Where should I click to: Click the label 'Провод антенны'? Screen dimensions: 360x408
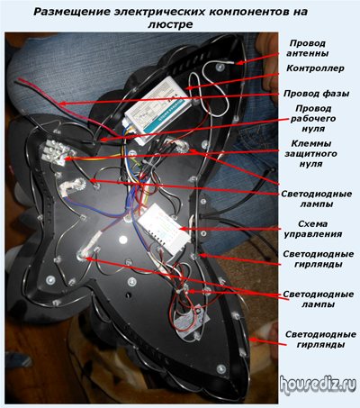click(x=307, y=49)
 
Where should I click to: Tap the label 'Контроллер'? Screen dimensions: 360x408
click(x=315, y=68)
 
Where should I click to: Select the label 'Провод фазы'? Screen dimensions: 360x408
click(x=316, y=94)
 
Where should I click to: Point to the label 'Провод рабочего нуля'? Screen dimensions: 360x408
click(x=313, y=118)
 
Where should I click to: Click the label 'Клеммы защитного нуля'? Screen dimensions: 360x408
click(x=310, y=154)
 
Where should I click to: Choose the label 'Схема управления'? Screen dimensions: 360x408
click(x=313, y=229)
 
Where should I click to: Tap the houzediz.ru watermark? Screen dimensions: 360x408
click(x=318, y=385)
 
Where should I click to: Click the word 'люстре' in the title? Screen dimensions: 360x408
click(x=170, y=24)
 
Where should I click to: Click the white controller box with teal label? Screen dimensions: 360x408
click(x=158, y=109)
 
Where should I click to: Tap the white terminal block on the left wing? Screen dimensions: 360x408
click(x=55, y=153)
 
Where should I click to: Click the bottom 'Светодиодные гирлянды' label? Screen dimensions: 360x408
click(x=320, y=340)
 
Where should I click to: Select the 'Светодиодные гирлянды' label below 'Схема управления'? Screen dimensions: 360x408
click(x=319, y=259)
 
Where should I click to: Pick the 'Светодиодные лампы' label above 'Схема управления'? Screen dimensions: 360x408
click(x=317, y=199)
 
